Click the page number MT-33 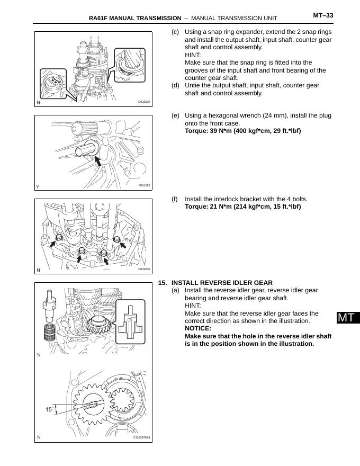coord(323,15)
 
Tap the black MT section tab coord(346,318)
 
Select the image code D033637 coord(144,102)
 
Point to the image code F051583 coord(144,185)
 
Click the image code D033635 coord(144,269)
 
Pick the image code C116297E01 coord(141,437)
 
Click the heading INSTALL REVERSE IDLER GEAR coord(222,283)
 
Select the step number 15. coord(162,283)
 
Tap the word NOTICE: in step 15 coord(197,328)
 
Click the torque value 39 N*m coord(197,131)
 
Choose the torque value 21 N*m coord(197,207)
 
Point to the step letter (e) coord(175,115)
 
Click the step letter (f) coord(175,199)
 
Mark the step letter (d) coord(175,85)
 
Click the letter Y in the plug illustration coord(38,186)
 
